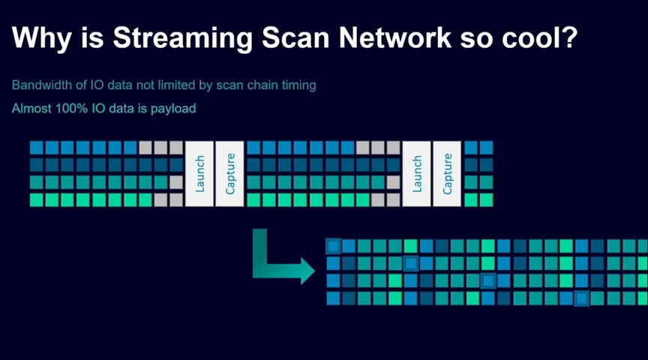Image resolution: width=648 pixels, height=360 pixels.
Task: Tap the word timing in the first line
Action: tap(298, 85)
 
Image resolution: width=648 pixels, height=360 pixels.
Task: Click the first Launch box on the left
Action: tap(199, 173)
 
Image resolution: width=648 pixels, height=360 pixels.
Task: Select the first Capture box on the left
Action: tap(230, 173)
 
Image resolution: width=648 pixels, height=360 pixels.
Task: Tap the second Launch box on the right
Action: tap(417, 173)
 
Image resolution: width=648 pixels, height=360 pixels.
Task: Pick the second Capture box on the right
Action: tap(448, 173)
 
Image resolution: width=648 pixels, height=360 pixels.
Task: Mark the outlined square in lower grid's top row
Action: tap(334, 245)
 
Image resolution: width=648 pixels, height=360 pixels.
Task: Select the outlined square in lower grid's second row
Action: tap(411, 263)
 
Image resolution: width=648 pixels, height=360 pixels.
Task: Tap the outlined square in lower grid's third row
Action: tap(488, 280)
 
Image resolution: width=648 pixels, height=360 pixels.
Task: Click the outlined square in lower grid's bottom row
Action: tap(581, 298)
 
